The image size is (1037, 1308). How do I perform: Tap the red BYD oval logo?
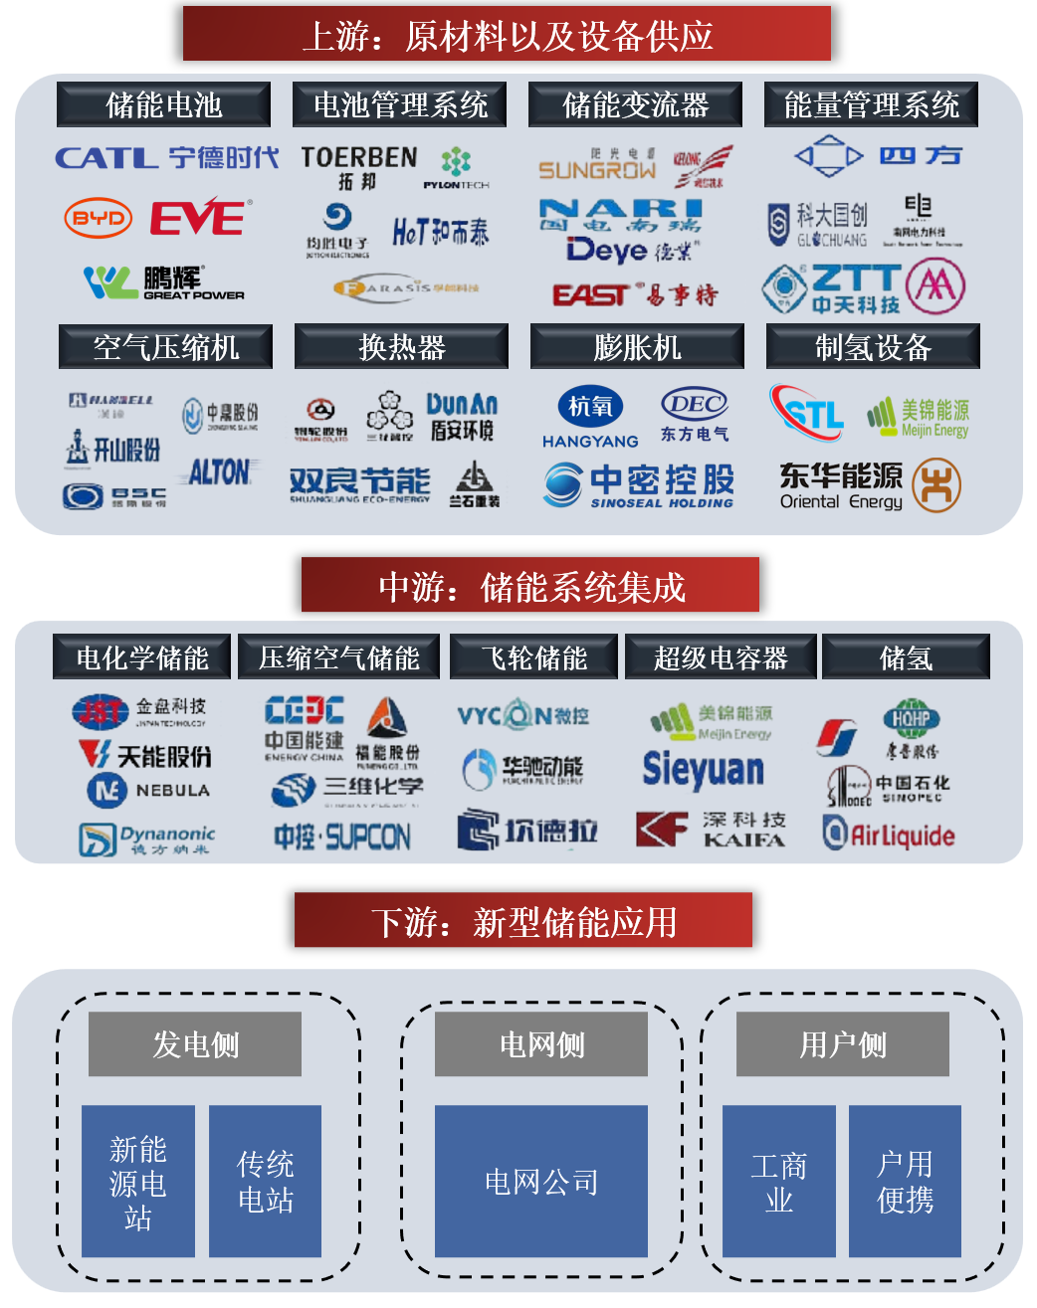(98, 219)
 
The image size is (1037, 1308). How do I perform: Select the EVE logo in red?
(199, 218)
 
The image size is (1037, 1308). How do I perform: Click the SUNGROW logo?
(597, 168)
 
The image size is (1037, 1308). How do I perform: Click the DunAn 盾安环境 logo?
(461, 417)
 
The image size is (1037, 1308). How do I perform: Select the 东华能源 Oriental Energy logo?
(841, 485)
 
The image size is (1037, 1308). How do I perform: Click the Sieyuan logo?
(703, 769)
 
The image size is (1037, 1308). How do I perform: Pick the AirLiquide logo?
(888, 834)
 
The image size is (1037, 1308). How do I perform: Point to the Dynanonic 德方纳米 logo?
(147, 839)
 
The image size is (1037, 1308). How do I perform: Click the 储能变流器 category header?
(635, 104)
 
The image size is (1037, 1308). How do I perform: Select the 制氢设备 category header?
(872, 347)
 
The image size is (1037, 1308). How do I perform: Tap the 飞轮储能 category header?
(533, 657)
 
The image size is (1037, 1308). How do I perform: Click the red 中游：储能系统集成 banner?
(530, 586)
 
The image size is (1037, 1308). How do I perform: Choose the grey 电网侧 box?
(540, 1044)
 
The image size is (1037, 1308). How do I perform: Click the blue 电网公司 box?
(540, 1181)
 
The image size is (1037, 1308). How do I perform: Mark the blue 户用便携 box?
(905, 1181)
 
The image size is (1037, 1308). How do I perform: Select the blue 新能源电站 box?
(137, 1181)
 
